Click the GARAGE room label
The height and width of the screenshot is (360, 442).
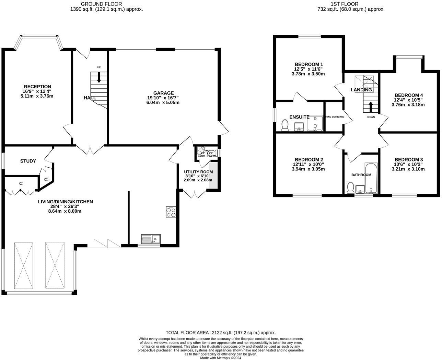click(x=163, y=93)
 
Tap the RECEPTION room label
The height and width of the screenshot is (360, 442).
click(x=37, y=87)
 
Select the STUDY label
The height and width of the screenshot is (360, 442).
click(x=28, y=161)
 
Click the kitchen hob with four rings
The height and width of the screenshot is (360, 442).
click(x=171, y=212)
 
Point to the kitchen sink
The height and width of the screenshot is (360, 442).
click(x=151, y=238)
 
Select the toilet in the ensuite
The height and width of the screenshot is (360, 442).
click(x=284, y=125)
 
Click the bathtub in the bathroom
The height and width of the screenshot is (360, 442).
click(x=371, y=178)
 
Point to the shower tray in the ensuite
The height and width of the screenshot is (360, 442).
click(x=315, y=123)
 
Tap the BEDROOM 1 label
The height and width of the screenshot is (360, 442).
click(x=309, y=64)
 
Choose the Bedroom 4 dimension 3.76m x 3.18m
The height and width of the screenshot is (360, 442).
click(x=408, y=105)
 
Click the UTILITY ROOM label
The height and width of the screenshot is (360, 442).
click(x=198, y=172)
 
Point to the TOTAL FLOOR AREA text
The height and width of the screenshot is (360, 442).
click(x=221, y=333)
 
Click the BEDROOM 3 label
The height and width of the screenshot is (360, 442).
click(x=408, y=159)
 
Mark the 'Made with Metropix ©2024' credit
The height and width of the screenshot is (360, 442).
click(x=221, y=358)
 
